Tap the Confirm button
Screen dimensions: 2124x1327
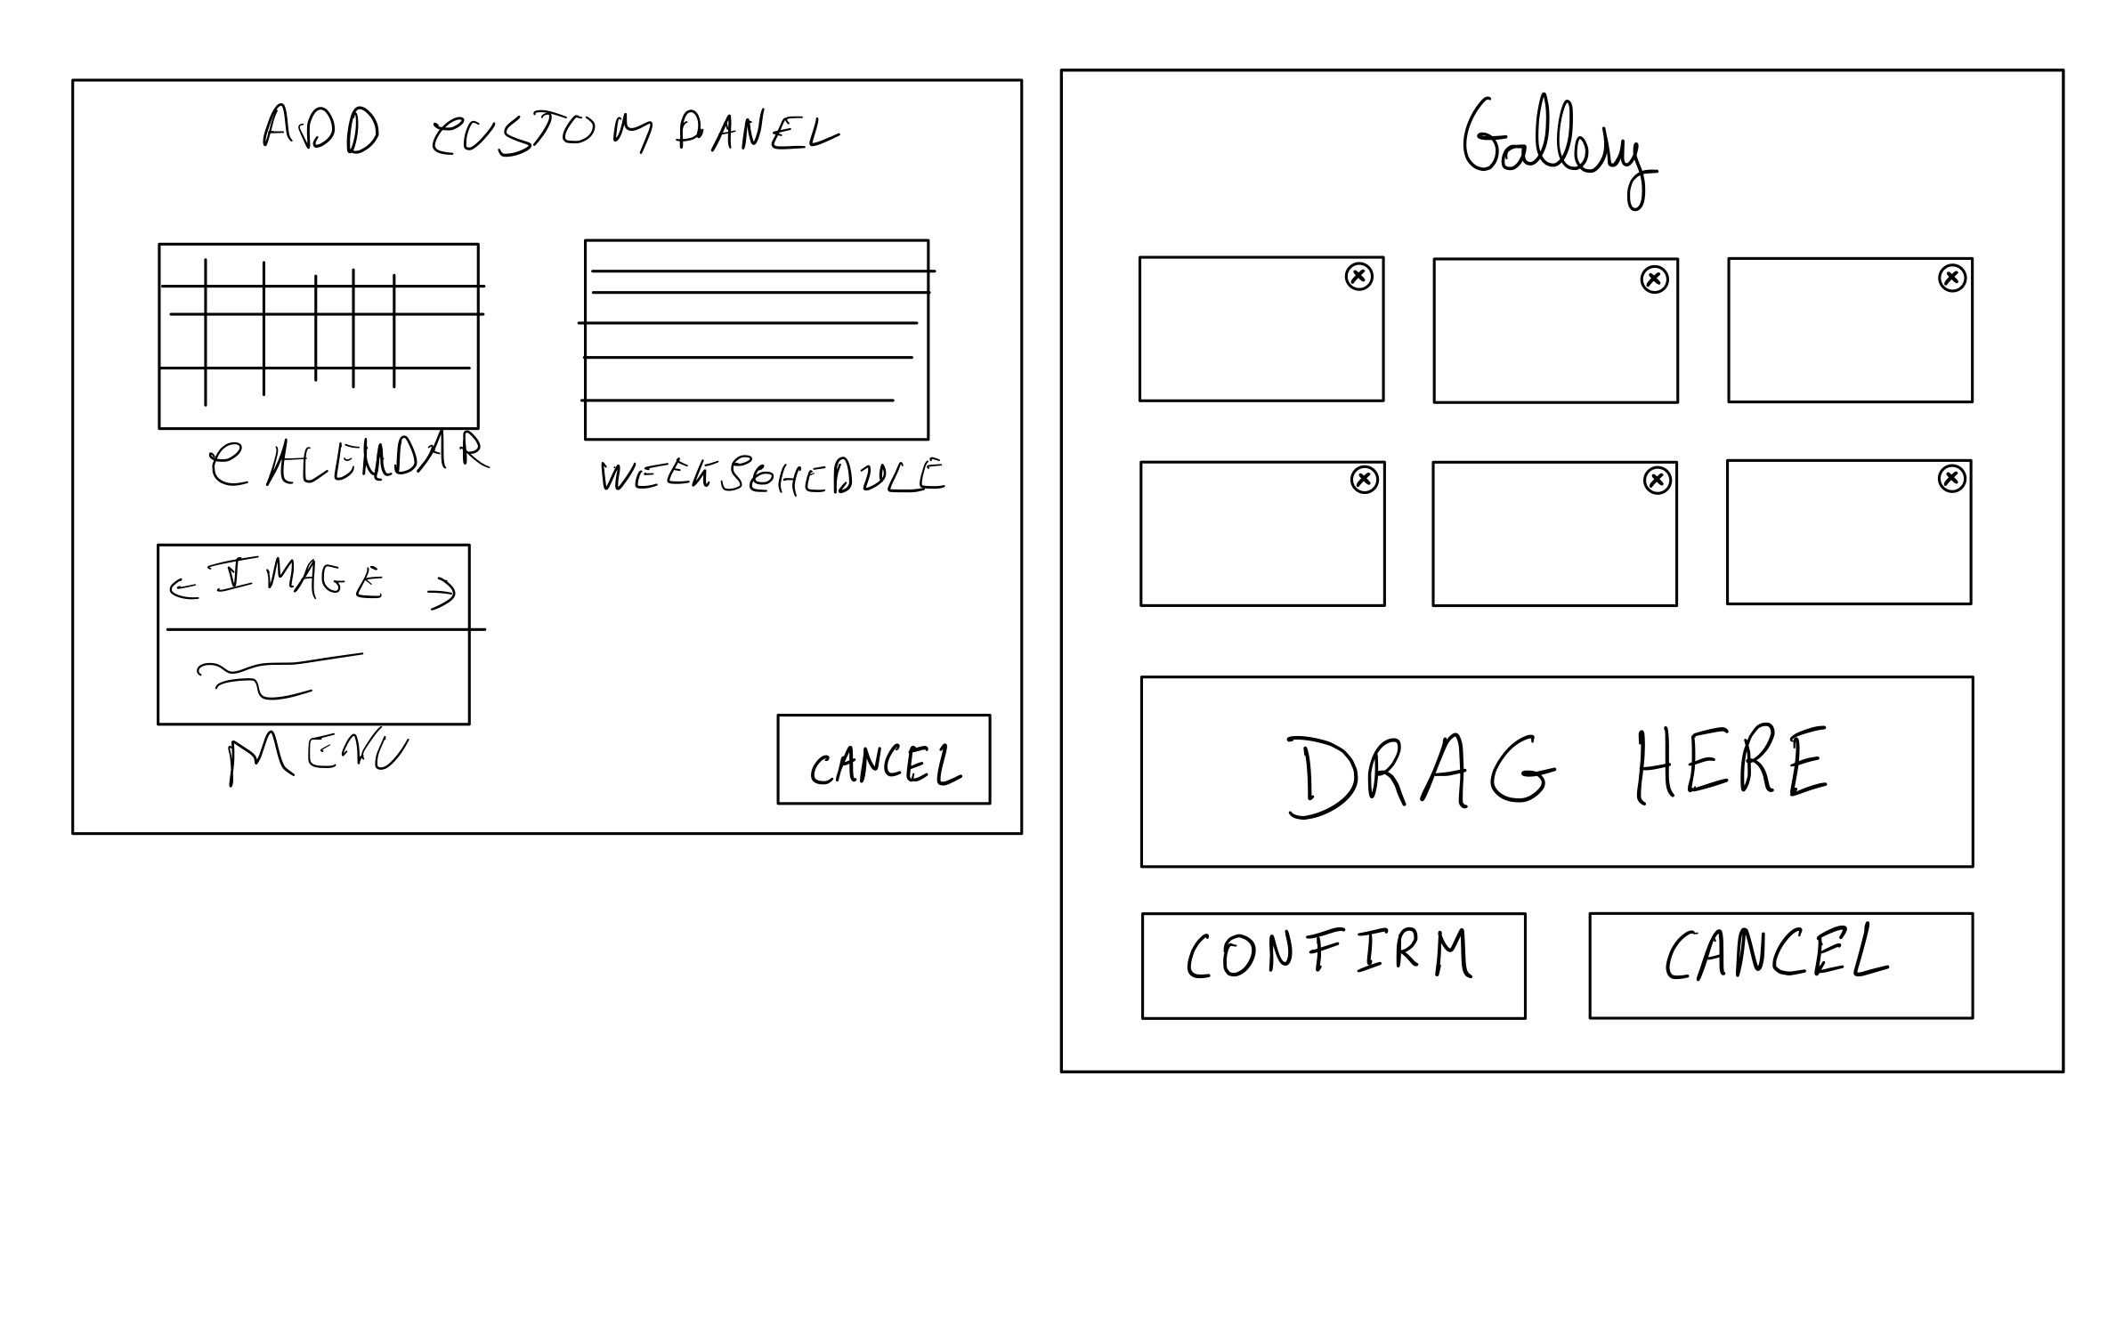tap(1333, 965)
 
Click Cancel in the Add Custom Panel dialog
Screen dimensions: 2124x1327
tap(883, 759)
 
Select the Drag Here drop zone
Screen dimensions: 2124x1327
tap(1556, 771)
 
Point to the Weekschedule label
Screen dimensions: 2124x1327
tap(772, 475)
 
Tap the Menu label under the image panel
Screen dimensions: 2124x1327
tap(317, 757)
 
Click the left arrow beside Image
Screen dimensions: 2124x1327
tap(183, 588)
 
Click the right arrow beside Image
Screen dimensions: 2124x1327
tap(442, 593)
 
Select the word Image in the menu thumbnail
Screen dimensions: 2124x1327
tap(298, 579)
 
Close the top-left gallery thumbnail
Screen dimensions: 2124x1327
tap(1358, 277)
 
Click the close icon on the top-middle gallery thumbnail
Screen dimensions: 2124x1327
tap(1653, 279)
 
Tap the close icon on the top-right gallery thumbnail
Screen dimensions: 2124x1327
tap(1951, 279)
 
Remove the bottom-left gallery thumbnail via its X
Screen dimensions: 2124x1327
tap(1364, 480)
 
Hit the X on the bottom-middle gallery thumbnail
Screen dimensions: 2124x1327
tap(1656, 481)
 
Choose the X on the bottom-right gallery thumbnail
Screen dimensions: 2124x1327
tap(1951, 479)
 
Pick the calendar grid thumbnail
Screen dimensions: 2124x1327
tap(318, 336)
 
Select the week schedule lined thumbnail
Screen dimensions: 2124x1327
tap(756, 339)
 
